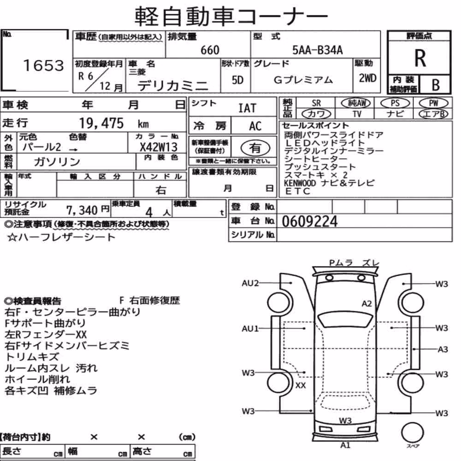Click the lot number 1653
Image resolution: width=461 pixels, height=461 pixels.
click(x=43, y=65)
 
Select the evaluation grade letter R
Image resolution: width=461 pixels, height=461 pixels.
click(x=420, y=58)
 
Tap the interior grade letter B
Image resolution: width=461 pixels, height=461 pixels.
click(x=436, y=85)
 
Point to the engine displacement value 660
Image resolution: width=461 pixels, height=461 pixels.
click(x=210, y=50)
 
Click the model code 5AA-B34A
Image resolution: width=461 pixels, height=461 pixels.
click(x=317, y=50)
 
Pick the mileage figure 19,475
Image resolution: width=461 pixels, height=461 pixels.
click(x=101, y=123)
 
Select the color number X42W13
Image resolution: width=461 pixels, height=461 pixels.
click(x=159, y=147)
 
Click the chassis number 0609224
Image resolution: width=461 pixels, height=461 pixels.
click(x=310, y=221)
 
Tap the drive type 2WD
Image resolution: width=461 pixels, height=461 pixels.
click(x=367, y=78)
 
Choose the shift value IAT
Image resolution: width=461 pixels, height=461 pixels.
click(x=247, y=108)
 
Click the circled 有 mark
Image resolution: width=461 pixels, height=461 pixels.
click(x=255, y=148)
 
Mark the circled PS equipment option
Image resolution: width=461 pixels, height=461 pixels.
click(x=395, y=103)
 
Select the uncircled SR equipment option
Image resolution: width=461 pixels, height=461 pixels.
click(x=316, y=103)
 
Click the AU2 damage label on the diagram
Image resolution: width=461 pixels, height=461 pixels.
click(x=250, y=283)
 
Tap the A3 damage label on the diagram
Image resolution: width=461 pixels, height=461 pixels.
click(x=443, y=349)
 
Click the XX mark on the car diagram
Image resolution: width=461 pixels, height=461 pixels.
click(x=301, y=385)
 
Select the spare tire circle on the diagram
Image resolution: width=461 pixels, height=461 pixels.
click(x=412, y=432)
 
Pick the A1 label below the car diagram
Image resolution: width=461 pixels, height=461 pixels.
click(x=345, y=445)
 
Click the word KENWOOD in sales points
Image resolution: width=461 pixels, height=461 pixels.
click(x=300, y=183)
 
